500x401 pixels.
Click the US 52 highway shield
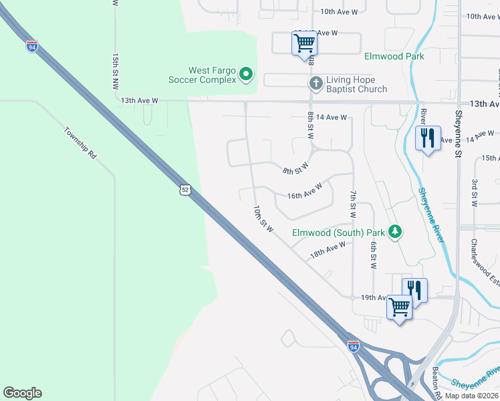click(x=185, y=190)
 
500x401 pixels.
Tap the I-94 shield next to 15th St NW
click(x=32, y=46)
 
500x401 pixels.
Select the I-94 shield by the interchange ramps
click(x=353, y=346)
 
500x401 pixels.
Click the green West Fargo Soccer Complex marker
click(x=247, y=74)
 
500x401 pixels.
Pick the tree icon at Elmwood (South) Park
click(x=395, y=232)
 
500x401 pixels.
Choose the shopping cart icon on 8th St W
click(x=305, y=43)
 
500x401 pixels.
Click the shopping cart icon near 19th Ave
click(x=400, y=307)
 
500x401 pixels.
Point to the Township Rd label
click(x=81, y=142)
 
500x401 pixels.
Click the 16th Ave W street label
click(x=305, y=191)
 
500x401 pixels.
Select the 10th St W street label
click(x=263, y=220)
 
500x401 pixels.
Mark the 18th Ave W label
click(x=328, y=250)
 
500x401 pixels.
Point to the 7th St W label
click(x=352, y=204)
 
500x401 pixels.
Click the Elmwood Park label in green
click(x=394, y=57)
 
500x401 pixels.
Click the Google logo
click(x=22, y=393)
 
